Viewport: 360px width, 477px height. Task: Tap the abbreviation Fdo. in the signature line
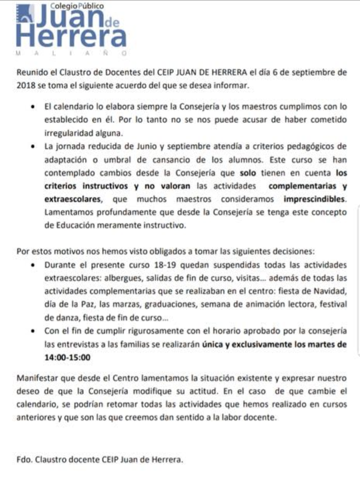point(26,460)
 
